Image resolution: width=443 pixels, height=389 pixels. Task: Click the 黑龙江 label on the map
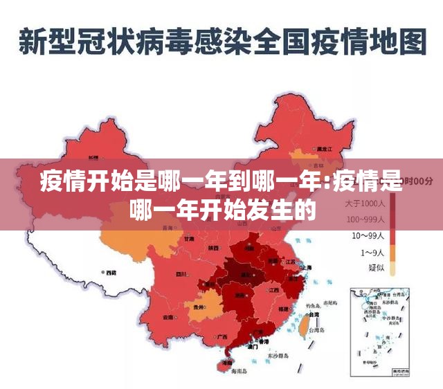tap(323, 149)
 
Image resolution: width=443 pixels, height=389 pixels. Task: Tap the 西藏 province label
tap(109, 273)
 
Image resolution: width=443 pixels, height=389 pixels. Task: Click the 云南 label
tap(168, 316)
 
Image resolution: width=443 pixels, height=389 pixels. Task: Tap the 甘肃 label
tap(188, 239)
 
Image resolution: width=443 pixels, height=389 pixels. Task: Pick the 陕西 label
tap(213, 247)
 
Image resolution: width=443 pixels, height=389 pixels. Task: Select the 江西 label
tap(274, 289)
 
